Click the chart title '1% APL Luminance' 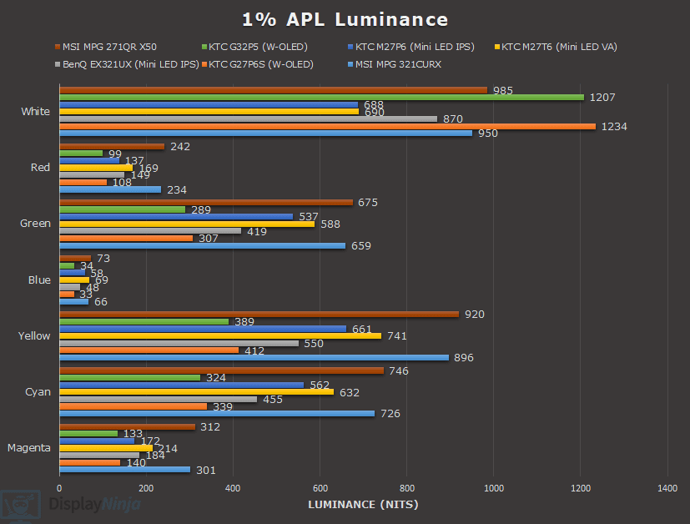point(345,19)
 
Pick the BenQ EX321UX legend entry point(130,63)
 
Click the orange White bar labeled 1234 point(327,126)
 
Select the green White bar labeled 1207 point(321,97)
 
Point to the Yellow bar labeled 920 point(259,314)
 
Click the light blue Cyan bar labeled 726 point(217,413)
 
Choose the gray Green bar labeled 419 point(150,231)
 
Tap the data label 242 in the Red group point(179,147)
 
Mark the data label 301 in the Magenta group point(205,471)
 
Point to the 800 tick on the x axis point(407,487)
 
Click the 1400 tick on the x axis point(667,487)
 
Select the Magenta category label point(29,448)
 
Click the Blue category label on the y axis point(39,280)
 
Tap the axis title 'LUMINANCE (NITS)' point(363,504)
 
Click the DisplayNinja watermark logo point(70,504)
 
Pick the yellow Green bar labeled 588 point(187,224)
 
